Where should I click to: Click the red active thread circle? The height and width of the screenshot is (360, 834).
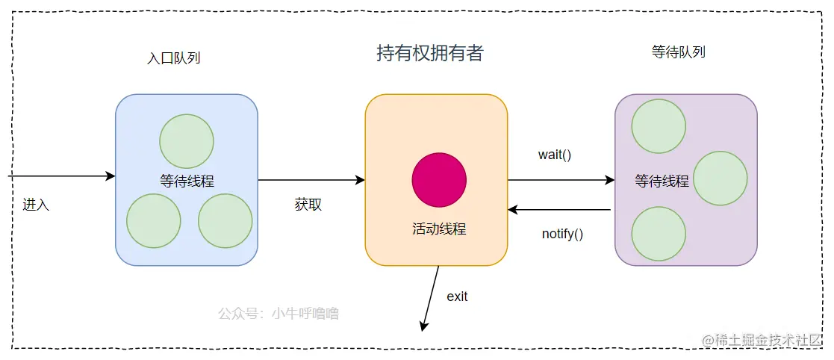click(439, 180)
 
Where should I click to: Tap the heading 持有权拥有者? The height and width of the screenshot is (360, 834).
click(430, 53)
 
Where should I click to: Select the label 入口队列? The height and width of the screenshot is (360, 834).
click(174, 58)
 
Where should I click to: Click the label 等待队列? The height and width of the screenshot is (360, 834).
click(679, 52)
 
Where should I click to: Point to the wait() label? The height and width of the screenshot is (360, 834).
click(554, 155)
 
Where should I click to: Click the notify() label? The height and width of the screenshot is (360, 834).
click(562, 234)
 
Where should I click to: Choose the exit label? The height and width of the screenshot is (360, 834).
click(457, 297)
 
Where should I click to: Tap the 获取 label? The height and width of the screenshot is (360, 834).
click(308, 205)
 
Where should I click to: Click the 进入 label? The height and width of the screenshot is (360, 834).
click(36, 204)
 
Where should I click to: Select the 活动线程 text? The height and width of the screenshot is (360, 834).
click(439, 229)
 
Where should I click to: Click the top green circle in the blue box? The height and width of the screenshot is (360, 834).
click(187, 141)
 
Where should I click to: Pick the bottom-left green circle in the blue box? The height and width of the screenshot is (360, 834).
click(154, 221)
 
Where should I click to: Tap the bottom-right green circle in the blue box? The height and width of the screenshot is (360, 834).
click(225, 221)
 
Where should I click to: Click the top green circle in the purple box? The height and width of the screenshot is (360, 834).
click(659, 126)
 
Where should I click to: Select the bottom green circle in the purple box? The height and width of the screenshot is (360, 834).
click(659, 234)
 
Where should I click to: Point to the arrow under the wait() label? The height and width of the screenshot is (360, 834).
click(560, 180)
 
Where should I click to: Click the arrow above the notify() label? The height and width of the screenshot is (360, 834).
click(560, 210)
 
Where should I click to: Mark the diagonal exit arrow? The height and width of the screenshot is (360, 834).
click(431, 298)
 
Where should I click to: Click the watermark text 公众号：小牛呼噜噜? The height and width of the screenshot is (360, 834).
click(278, 314)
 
